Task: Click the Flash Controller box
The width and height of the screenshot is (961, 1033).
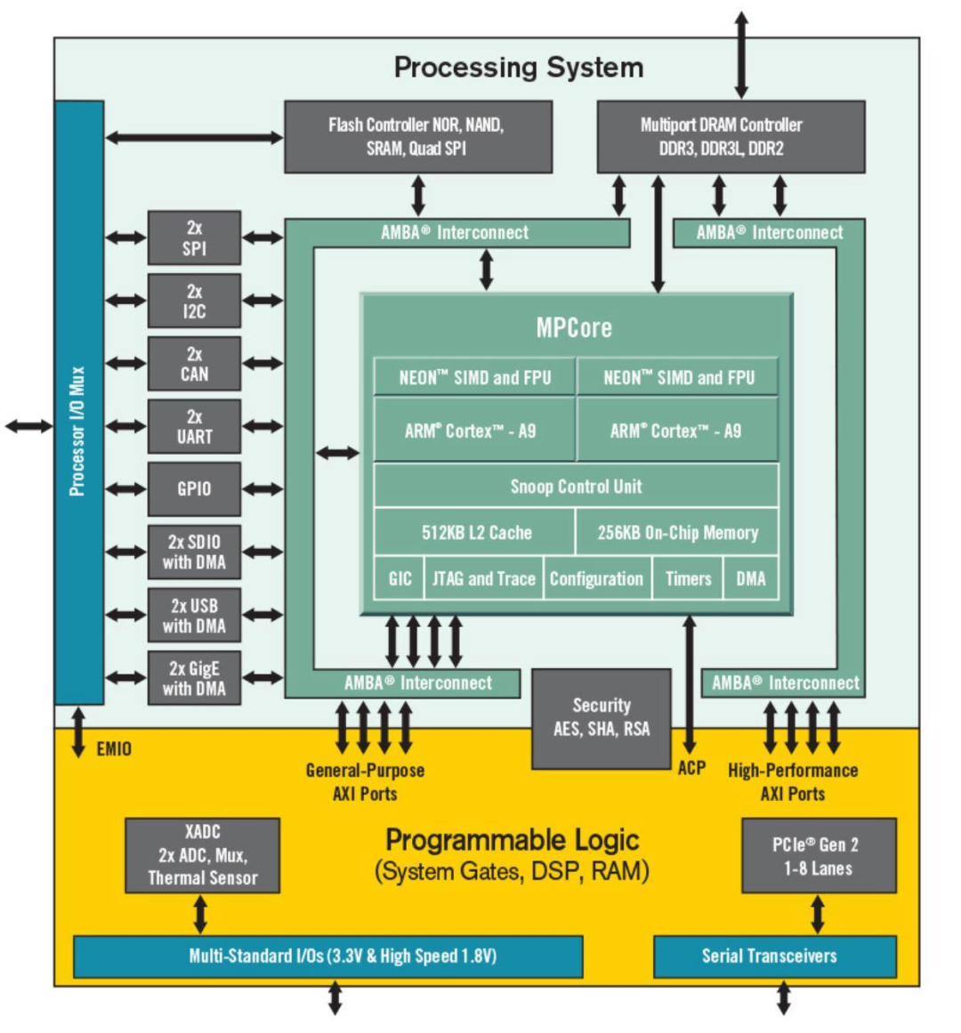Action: tap(417, 137)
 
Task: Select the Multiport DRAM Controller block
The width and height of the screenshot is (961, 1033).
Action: tap(730, 137)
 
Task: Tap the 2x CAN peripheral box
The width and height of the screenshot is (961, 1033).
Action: tap(194, 363)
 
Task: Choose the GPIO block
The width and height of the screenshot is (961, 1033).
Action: tap(194, 488)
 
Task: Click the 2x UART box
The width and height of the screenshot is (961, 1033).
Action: tap(194, 426)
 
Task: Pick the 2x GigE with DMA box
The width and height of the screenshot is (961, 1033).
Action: tap(194, 678)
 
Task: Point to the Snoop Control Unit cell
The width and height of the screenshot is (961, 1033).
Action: tap(576, 486)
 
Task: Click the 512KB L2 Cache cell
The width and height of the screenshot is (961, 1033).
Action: tap(475, 532)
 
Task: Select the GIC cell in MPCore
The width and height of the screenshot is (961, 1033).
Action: tap(400, 578)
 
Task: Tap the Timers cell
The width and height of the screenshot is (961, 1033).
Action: tap(688, 578)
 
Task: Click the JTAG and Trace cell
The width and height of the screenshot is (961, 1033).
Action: tap(483, 578)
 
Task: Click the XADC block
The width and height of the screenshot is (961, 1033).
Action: tap(202, 855)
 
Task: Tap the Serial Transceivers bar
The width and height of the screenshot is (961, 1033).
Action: tap(774, 956)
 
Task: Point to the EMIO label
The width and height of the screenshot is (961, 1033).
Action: tap(114, 749)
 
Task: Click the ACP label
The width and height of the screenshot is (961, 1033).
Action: tap(691, 768)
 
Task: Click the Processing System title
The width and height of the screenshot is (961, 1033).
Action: tap(518, 68)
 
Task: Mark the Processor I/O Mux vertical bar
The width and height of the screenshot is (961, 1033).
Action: tap(79, 402)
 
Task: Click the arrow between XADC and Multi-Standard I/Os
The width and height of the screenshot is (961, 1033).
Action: tap(200, 914)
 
